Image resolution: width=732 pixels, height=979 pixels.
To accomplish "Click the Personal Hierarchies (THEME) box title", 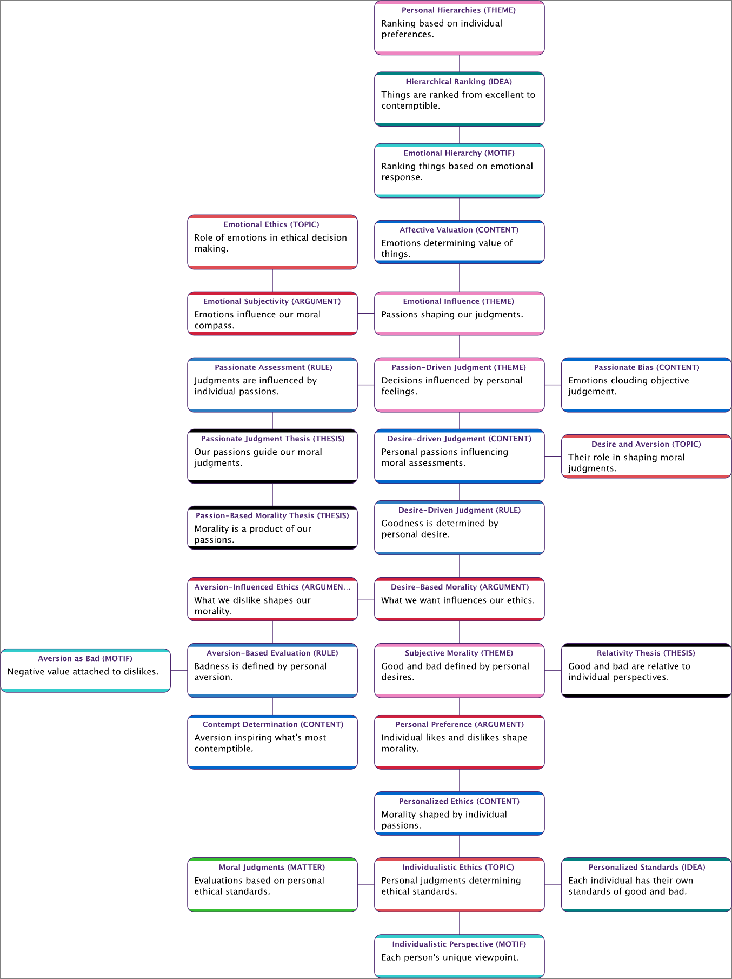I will pos(458,10).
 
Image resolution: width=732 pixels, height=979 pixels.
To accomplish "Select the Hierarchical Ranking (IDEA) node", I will pos(459,99).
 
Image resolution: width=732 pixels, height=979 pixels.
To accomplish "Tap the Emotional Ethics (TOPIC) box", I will pos(272,242).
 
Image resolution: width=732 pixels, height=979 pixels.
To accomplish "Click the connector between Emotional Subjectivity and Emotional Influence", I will pos(366,314).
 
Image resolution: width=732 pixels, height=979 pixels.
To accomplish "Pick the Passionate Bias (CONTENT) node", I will pos(646,385).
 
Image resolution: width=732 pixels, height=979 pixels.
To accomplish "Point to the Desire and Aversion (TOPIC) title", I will pos(646,444).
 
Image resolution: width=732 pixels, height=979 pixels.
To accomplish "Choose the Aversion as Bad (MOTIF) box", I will pos(85,671).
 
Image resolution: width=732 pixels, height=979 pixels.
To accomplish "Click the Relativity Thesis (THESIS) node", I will pos(646,671).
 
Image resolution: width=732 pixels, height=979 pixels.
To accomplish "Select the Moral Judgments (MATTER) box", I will pos(272,885).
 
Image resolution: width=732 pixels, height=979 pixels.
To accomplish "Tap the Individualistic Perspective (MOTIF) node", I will pos(459,956).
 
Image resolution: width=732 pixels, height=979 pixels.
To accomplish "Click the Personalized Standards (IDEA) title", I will pos(647,867).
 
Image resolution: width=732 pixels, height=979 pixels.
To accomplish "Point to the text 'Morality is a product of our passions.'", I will pos(252,534).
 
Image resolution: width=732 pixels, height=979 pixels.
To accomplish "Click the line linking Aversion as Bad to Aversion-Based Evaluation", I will pos(179,671).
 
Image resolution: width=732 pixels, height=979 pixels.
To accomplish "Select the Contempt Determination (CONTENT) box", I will pos(272,742).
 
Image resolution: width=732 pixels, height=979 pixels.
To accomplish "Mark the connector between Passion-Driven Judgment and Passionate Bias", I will pos(553,385).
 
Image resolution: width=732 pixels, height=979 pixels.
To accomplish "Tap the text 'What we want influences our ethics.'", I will pos(457,600).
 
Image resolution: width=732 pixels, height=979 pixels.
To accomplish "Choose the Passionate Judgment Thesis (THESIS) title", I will pos(272,439).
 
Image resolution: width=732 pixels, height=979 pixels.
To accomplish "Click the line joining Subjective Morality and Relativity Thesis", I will pos(553,671).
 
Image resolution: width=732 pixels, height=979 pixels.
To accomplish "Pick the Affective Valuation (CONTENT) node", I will pos(459,242).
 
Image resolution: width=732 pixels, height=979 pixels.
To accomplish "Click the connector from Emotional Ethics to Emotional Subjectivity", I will pos(272,280).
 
